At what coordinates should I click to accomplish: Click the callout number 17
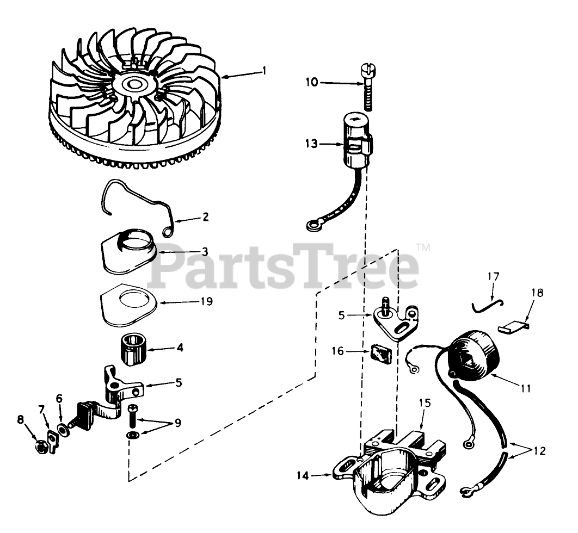493,277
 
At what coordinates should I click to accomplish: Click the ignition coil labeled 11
471,356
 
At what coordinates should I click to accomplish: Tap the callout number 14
303,476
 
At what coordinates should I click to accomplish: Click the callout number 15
425,403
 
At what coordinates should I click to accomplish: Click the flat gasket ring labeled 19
129,307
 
